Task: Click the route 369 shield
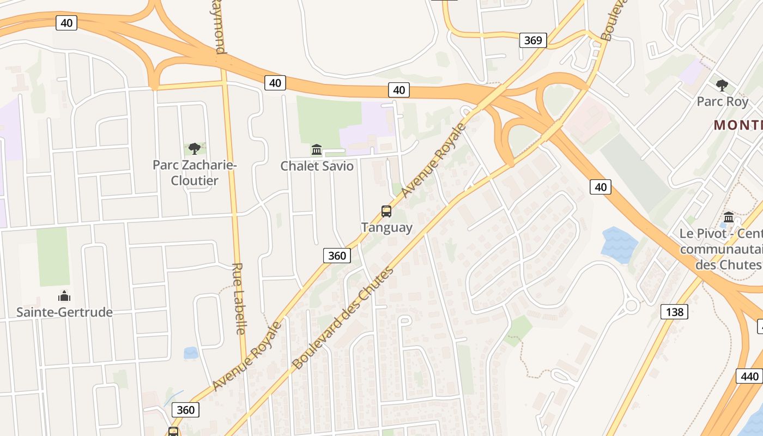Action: [x=533, y=40]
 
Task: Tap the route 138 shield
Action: [x=674, y=312]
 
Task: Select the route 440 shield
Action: [x=749, y=376]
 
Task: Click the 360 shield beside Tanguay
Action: [x=337, y=255]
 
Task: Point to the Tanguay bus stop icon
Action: [x=386, y=211]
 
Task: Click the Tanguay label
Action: [x=386, y=227]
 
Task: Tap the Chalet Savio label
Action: [x=317, y=166]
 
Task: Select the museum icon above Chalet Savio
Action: [x=317, y=149]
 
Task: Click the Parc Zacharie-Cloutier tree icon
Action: [x=194, y=148]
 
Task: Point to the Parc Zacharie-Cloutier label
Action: [x=194, y=172]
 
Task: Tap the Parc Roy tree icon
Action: [x=722, y=86]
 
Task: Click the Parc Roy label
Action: [x=722, y=101]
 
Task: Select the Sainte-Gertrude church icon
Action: [x=64, y=296]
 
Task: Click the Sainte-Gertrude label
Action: [x=64, y=312]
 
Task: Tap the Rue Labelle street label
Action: [x=238, y=299]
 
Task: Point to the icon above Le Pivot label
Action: [x=729, y=217]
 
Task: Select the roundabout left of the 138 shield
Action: [x=632, y=305]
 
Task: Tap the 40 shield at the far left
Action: [x=66, y=23]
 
